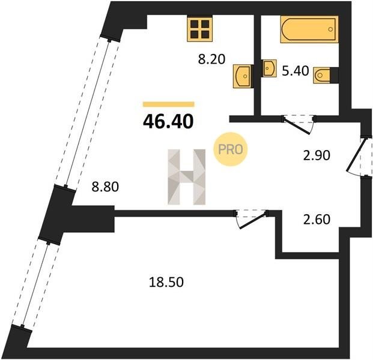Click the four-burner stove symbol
199,29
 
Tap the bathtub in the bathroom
309,29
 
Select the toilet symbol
321,76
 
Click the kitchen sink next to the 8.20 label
242,76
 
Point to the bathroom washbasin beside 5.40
270,68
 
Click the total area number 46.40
168,121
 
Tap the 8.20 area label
211,59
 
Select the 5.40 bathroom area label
296,71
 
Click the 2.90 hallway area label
317,155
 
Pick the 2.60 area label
317,220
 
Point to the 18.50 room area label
166,283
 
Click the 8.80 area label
105,187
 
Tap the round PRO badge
230,149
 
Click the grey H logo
186,177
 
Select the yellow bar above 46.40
169,104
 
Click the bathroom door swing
299,125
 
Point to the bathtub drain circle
330,29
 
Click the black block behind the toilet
334,76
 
